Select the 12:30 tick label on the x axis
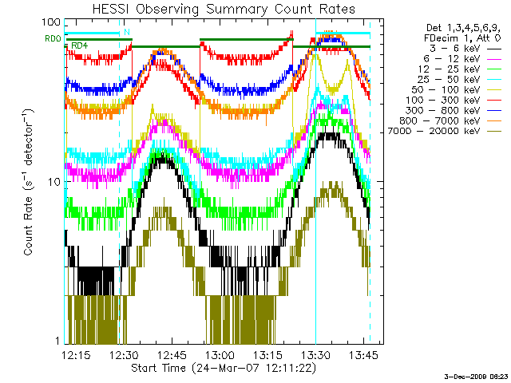point(125,354)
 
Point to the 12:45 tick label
point(172,354)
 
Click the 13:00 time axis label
point(219,354)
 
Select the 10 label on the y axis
point(54,182)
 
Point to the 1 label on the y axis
point(57,341)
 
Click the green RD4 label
point(79,45)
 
